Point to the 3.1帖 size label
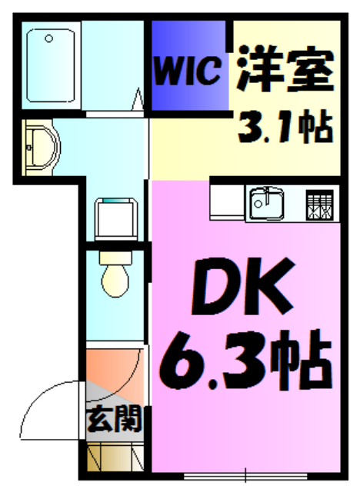285,127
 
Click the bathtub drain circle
48,38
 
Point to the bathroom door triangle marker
140,98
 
